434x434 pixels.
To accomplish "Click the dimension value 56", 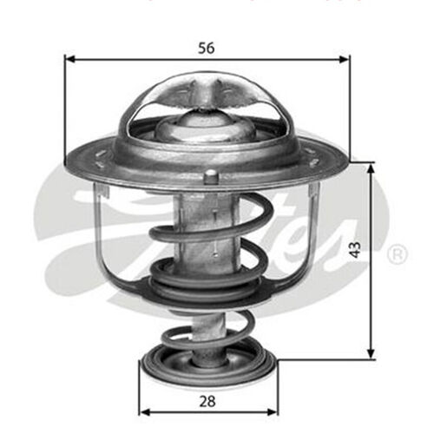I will tap(206, 49).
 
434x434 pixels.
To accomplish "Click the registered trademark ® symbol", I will tap(396, 254).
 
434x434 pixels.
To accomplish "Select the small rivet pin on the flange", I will tap(209, 177).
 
